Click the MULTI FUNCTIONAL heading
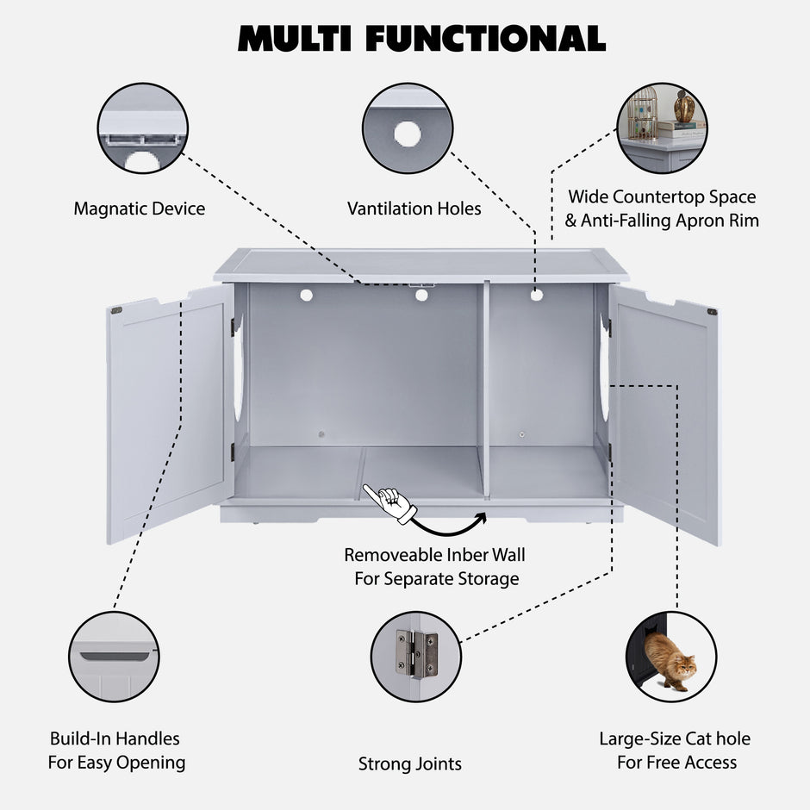tap(421, 39)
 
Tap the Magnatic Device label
tap(140, 209)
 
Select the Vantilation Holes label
tap(414, 209)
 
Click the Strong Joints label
tap(410, 763)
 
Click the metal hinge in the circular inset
tap(416, 654)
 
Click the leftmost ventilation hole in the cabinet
tap(306, 295)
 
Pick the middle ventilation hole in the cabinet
tap(421, 295)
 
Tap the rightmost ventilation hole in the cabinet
tap(537, 295)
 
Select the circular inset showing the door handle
tap(114, 657)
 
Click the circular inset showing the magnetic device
tap(142, 128)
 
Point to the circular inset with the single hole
tap(408, 128)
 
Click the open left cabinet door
tap(168, 414)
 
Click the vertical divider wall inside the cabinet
tap(484, 388)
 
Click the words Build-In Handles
tap(115, 738)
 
